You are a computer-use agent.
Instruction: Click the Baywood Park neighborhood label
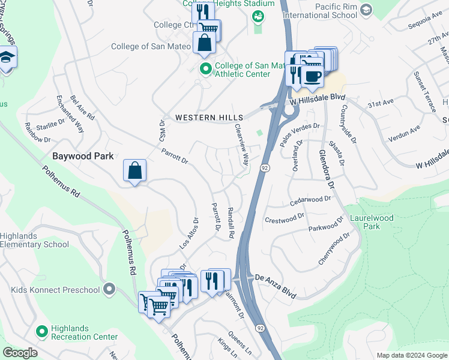click(83, 156)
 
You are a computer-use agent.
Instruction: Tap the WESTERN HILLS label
click(209, 118)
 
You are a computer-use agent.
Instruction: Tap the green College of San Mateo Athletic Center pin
click(206, 70)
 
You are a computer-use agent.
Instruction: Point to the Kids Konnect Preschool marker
click(109, 290)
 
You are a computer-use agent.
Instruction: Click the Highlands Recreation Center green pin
click(42, 331)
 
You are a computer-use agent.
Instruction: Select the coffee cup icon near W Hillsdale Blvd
click(312, 76)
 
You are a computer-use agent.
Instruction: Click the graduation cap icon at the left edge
click(7, 58)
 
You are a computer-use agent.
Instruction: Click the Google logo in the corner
click(20, 353)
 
